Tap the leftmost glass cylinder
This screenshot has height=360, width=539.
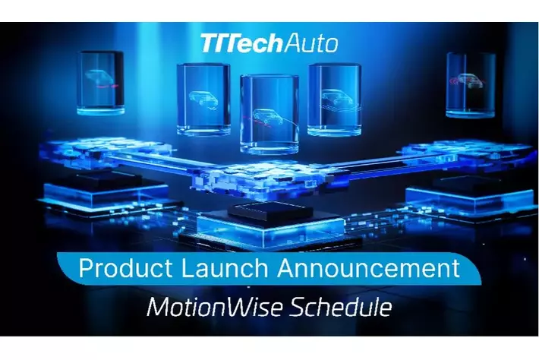[100, 81]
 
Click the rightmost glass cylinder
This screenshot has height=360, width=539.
[470, 85]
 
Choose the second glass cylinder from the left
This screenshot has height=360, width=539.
[203, 99]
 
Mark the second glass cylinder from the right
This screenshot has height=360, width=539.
[334, 99]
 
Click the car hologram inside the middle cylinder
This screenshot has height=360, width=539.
[267, 118]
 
